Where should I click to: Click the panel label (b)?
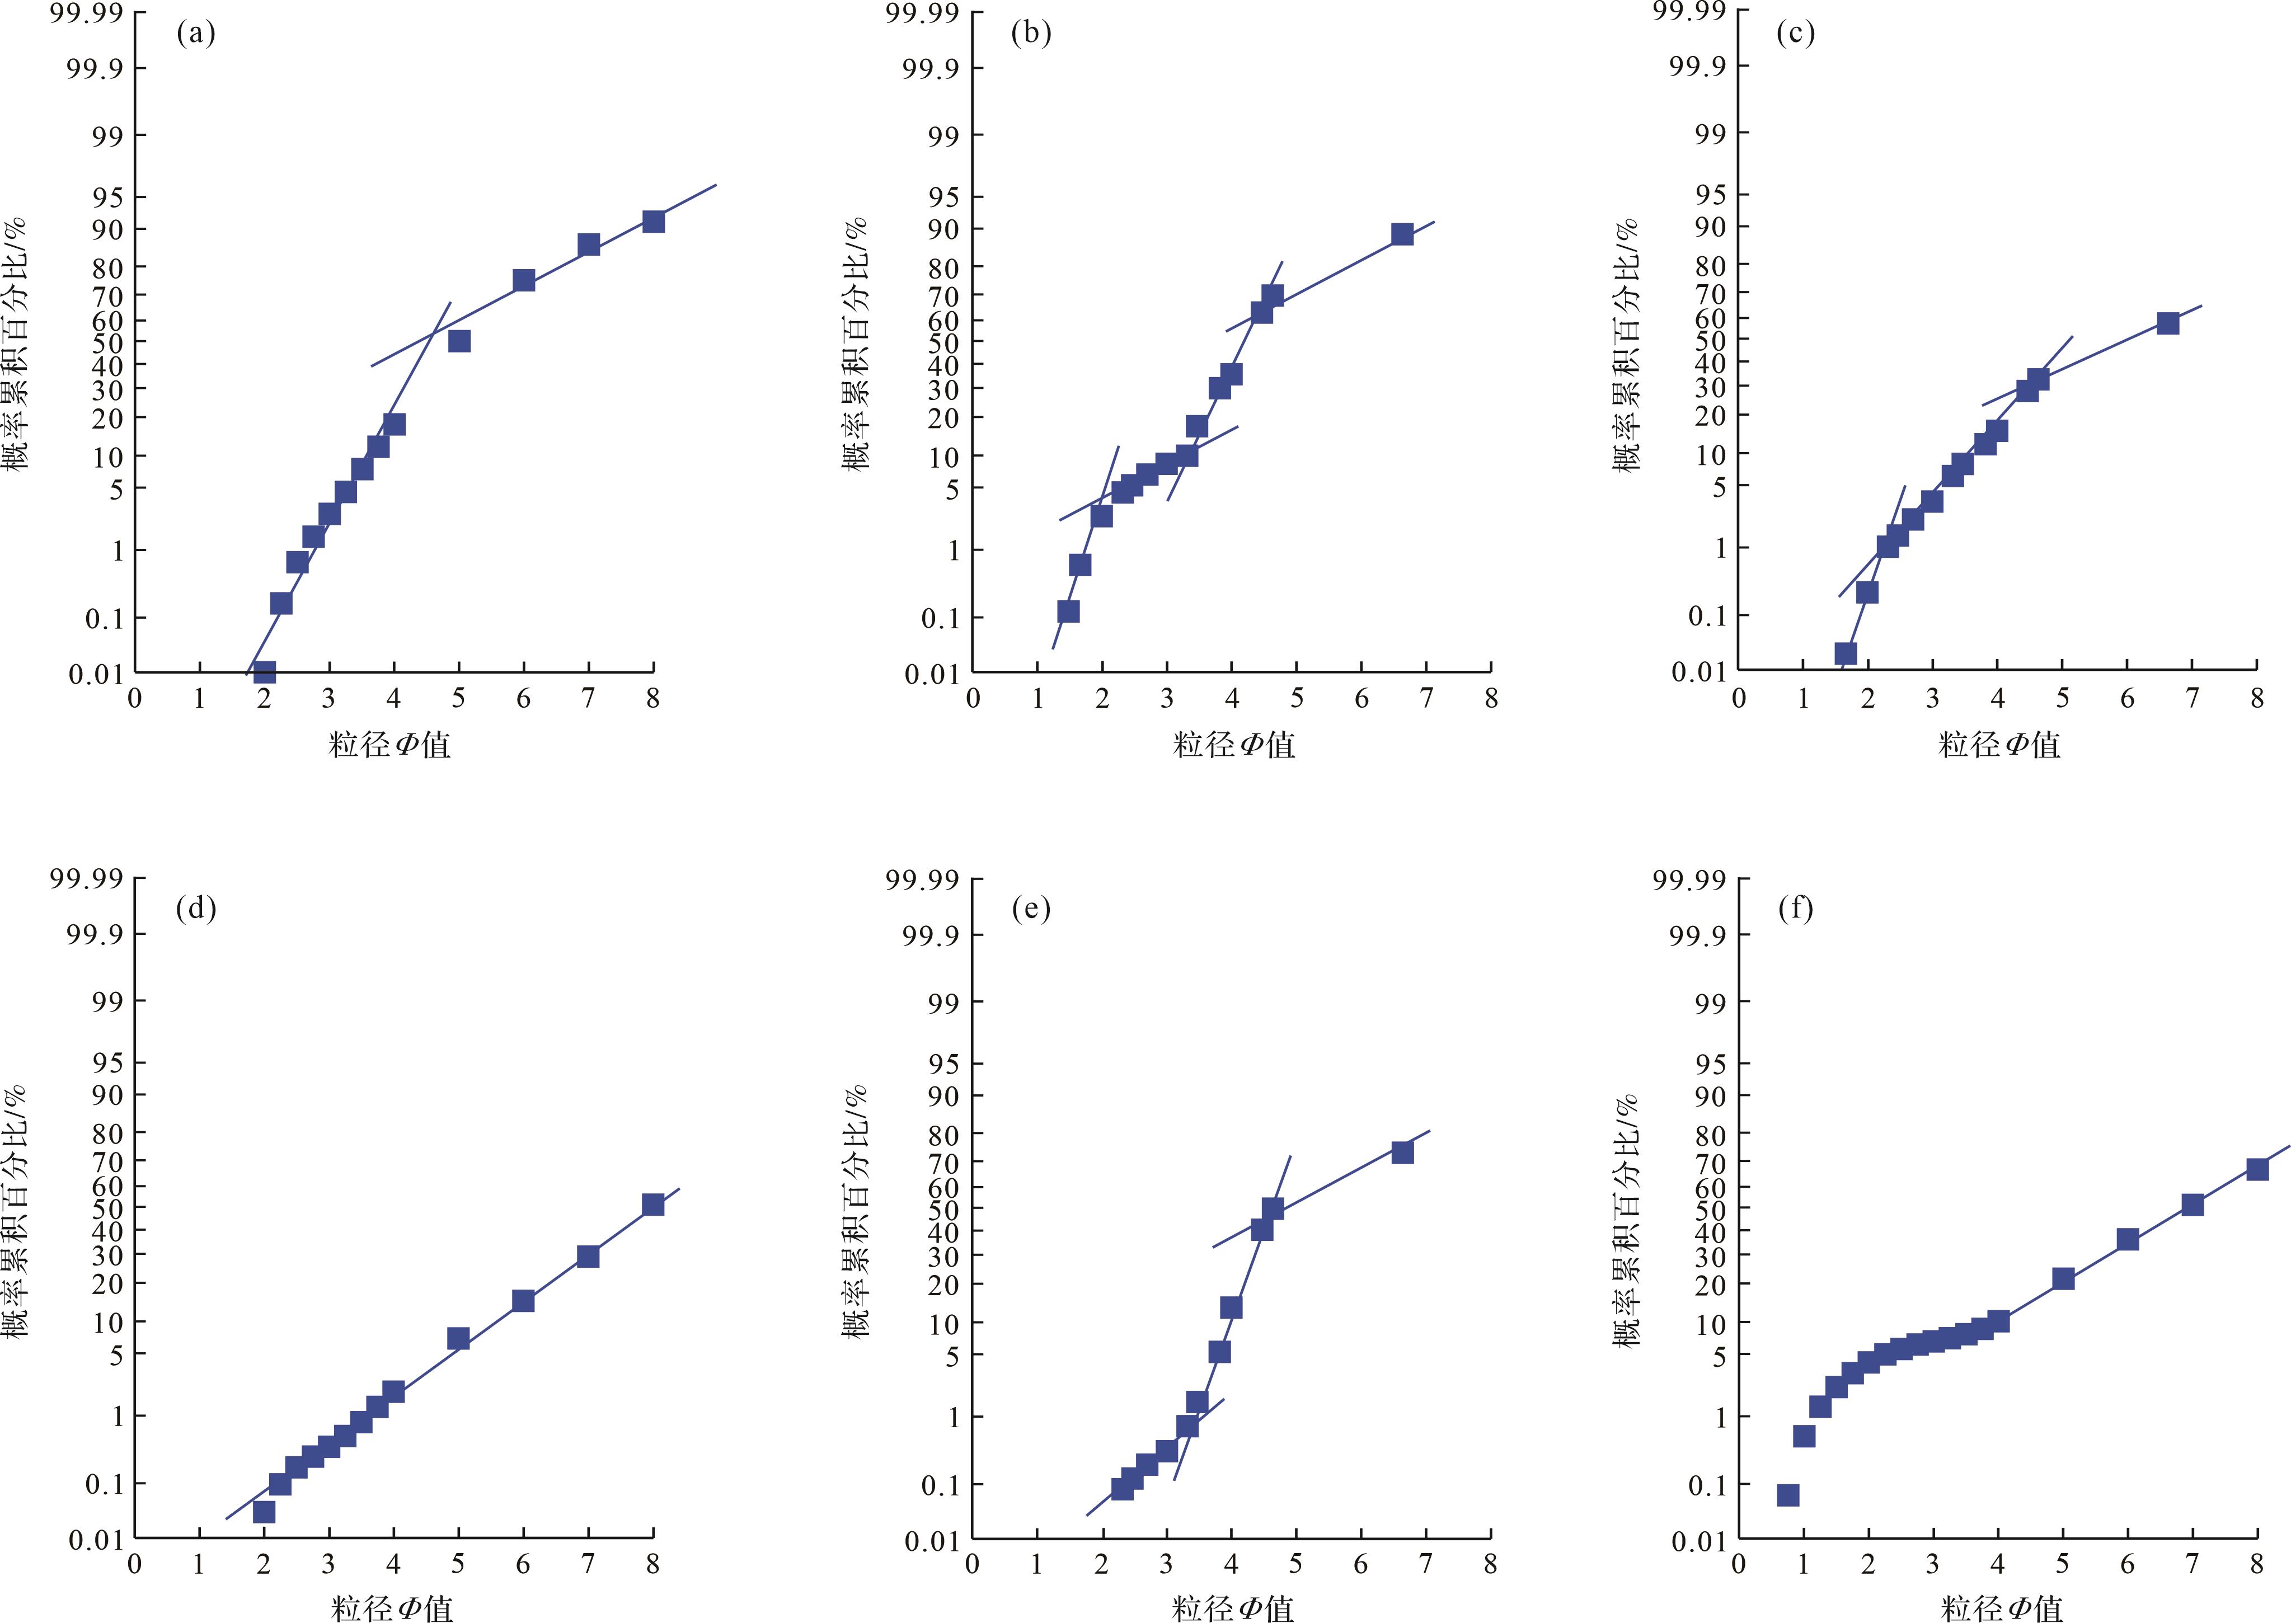coord(1031,34)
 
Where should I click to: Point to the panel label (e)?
coord(1031,909)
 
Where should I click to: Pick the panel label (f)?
coord(1796,909)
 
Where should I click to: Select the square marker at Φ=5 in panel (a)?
coord(459,341)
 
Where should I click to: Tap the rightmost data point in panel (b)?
coord(1402,234)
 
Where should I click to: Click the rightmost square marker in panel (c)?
coord(2167,323)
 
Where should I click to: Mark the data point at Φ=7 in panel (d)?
coord(588,1256)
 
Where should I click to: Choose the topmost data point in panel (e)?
coord(1402,1152)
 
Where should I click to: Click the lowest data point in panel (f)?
coord(1788,1495)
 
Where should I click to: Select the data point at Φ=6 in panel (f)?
coord(2127,1239)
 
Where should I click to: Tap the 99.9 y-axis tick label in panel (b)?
coord(929,69)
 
